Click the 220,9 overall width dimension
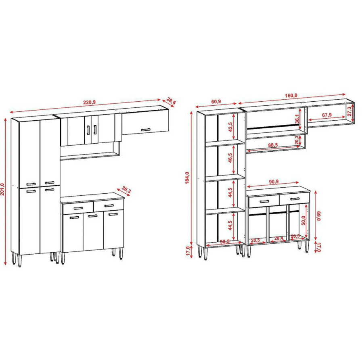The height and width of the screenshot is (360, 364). coord(89,102)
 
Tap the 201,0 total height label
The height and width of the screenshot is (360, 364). coord(4,190)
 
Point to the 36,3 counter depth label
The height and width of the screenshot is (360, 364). coord(127,190)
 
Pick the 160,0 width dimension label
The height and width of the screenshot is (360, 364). coord(291,96)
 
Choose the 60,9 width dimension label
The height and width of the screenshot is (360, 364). coord(216,101)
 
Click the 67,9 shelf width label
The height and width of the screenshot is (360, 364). coord(327,115)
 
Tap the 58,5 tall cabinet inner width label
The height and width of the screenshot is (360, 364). coord(225,241)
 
